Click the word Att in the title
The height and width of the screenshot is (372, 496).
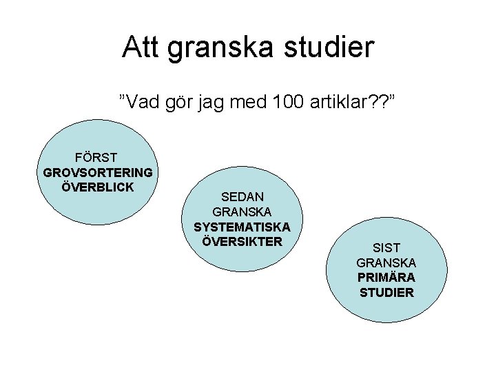pyautogui.click(x=139, y=47)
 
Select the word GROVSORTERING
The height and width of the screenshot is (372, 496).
pyautogui.click(x=98, y=172)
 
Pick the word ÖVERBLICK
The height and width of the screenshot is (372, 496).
pyautogui.click(x=97, y=187)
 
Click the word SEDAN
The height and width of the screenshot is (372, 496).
pyautogui.click(x=242, y=197)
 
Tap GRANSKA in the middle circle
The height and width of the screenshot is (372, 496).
pyautogui.click(x=242, y=211)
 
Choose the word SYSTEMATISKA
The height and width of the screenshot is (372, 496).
pyautogui.click(x=242, y=227)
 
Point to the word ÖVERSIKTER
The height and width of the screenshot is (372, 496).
pyautogui.click(x=242, y=241)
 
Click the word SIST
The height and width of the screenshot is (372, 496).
pyautogui.click(x=386, y=247)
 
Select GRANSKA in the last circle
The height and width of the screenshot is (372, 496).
pyautogui.click(x=386, y=262)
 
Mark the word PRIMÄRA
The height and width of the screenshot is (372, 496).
pyautogui.click(x=386, y=278)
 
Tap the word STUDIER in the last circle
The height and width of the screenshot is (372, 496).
pyautogui.click(x=386, y=293)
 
